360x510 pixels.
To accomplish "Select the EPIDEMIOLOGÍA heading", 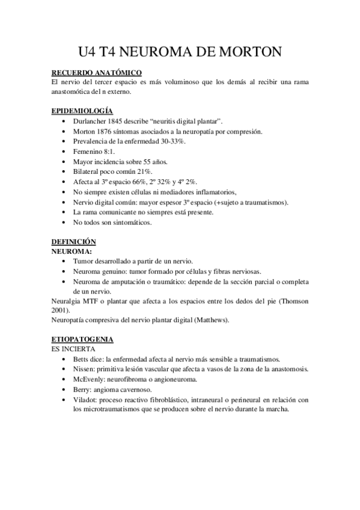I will coord(82,111).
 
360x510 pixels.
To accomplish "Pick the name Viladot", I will coord(87,399).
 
